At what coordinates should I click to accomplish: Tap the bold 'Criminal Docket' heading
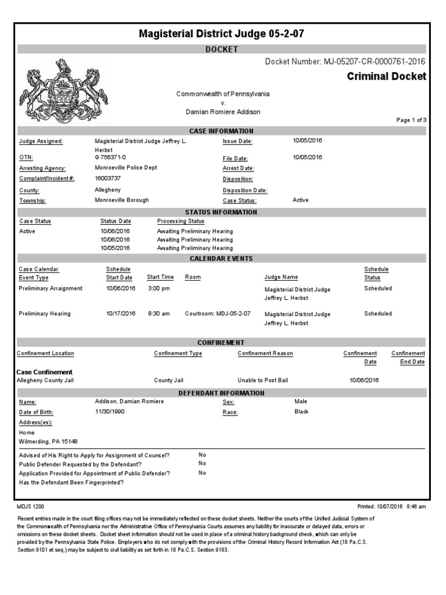386,77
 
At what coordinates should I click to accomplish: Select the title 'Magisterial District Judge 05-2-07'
221,34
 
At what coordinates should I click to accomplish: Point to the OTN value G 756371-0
110,157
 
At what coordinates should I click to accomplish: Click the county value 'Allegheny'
107,189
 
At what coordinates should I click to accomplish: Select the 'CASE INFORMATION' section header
221,131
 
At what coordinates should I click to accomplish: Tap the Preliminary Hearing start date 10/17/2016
120,314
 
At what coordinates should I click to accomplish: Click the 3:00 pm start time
159,288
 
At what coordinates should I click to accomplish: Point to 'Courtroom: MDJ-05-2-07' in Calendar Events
217,314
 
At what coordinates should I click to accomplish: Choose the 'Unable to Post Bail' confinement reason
262,381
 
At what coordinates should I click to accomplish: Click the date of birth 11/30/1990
109,412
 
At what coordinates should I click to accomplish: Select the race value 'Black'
301,412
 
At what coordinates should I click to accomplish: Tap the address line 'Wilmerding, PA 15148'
49,442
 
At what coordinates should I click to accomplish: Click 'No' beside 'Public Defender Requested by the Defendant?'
202,464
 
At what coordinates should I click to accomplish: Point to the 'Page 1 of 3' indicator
411,120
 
